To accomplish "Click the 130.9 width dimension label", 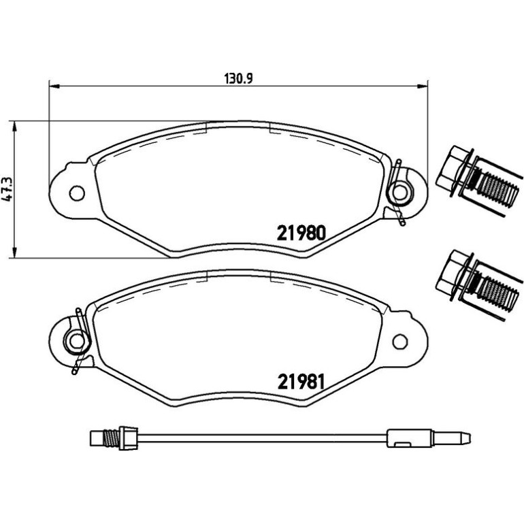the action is tap(239, 79).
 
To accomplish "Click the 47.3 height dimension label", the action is tap(7, 189).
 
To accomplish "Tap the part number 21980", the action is tap(301, 233).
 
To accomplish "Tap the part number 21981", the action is tap(301, 382).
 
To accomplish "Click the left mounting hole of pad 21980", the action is tap(77, 193).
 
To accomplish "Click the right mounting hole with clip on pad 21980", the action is tap(399, 192).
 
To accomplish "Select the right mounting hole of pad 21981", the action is tap(400, 341).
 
